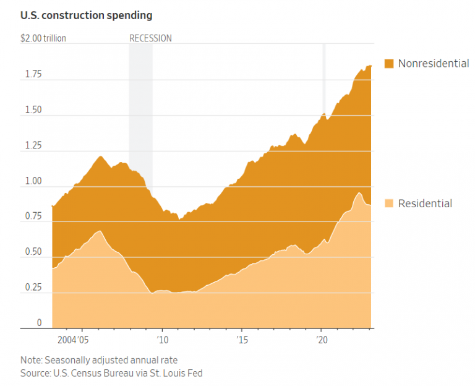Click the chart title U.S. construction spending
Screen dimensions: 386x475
pos(86,14)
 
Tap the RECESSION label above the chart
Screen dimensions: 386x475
pos(150,38)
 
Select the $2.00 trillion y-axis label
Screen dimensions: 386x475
pos(43,38)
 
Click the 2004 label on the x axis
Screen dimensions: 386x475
pos(66,340)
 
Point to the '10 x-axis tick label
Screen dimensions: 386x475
pos(162,340)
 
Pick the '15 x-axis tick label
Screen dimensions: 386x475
pos(242,340)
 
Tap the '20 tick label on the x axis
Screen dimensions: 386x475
pos(322,340)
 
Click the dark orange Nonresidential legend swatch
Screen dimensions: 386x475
pos(389,63)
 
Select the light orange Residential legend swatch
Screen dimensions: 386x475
pos(389,204)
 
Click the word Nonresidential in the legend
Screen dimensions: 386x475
pos(433,63)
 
